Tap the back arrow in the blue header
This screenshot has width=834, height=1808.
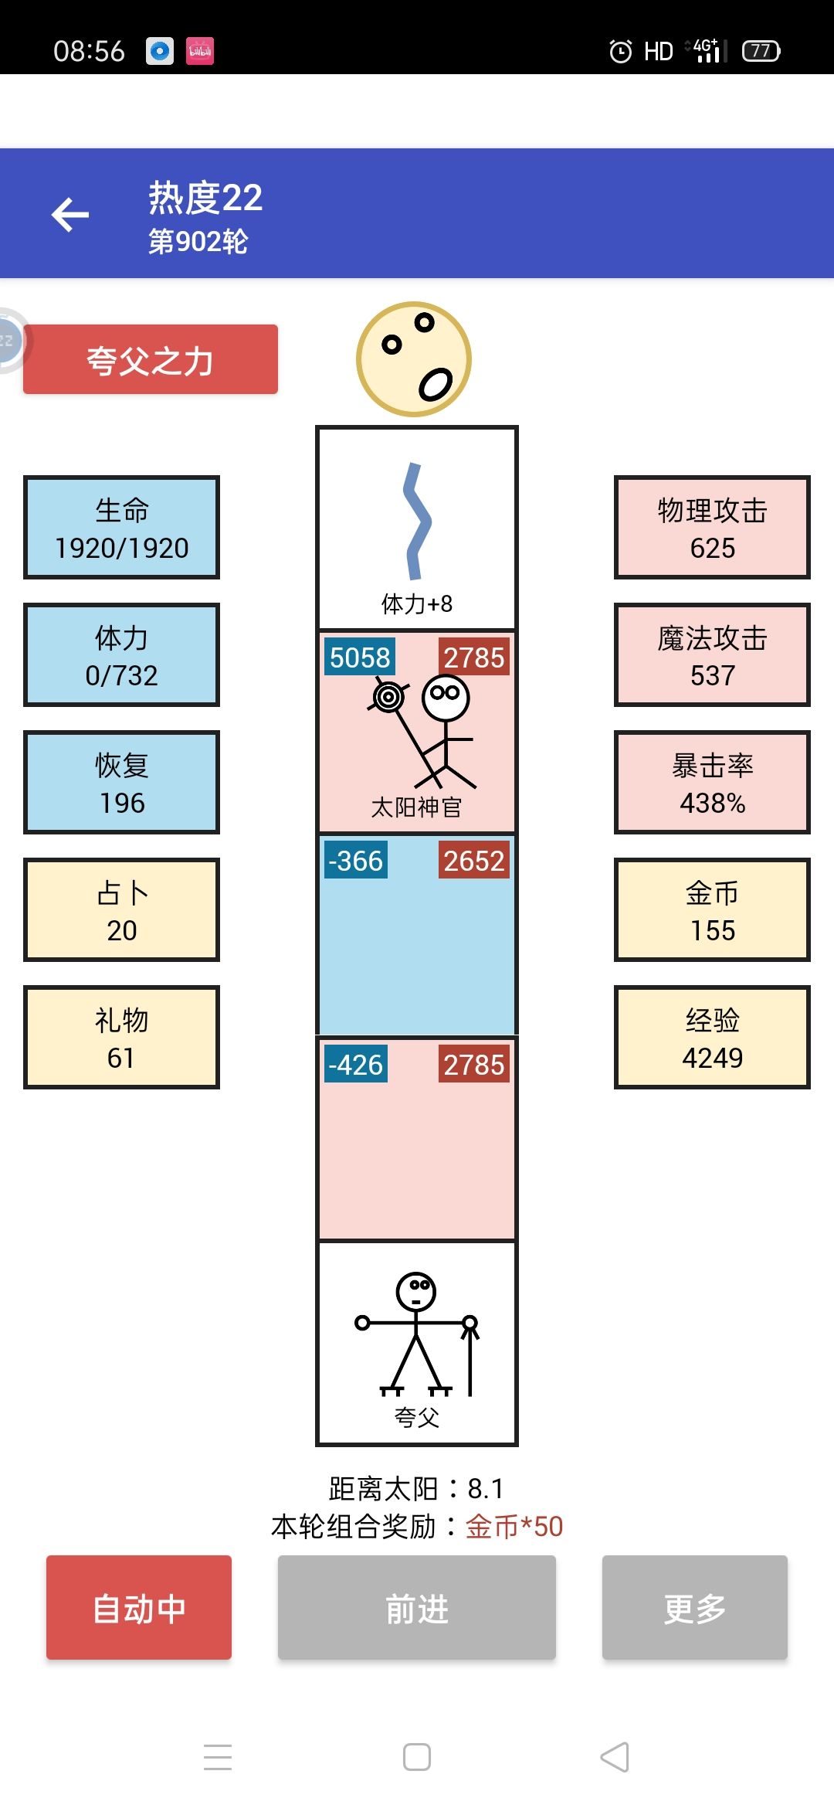70,215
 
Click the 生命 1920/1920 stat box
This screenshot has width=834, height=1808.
122,528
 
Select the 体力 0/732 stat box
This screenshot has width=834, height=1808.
122,655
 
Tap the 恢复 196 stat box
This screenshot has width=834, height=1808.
122,783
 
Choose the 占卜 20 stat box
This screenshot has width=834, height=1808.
122,910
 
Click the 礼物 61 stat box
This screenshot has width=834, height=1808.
122,1038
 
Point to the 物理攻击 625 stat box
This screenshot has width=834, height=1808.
712,528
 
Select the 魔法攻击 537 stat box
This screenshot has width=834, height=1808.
712,655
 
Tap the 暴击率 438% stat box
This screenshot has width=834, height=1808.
712,783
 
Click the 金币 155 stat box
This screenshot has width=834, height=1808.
712,910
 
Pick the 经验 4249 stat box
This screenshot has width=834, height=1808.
712,1038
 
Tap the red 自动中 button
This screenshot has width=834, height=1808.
139,1608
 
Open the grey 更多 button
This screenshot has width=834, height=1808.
695,1608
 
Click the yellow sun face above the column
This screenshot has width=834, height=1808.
414,359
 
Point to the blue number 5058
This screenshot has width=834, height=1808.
360,658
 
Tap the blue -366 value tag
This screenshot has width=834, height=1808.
356,861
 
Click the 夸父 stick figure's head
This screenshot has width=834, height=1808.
416,1291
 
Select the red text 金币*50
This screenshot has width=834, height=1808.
514,1527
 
